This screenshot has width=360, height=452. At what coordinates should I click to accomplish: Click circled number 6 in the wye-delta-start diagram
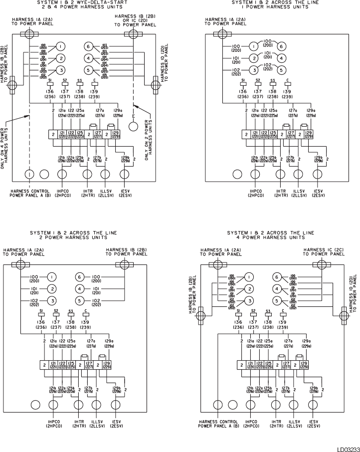89,46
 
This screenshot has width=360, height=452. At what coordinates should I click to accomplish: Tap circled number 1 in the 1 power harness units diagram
253,47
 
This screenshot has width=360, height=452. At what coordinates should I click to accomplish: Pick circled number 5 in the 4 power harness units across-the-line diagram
276,300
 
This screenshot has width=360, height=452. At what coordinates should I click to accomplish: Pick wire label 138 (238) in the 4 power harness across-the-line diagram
268,320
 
